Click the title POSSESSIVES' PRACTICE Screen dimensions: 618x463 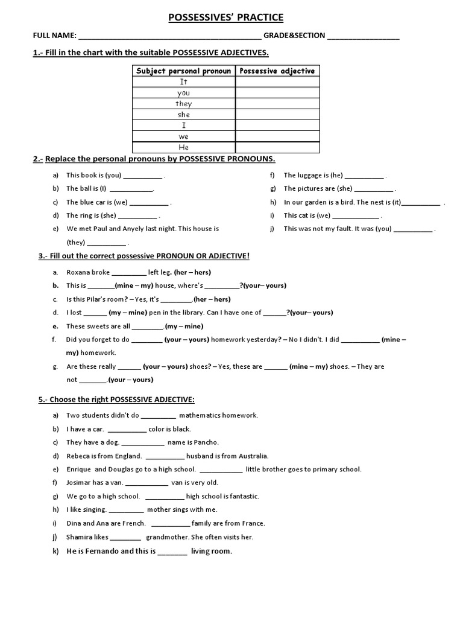coord(225,18)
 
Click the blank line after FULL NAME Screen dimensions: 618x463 coord(170,36)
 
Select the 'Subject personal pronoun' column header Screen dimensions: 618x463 coord(183,71)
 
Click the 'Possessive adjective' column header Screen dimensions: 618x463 coord(277,71)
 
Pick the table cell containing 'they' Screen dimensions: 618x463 coord(183,104)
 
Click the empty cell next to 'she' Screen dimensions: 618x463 coord(277,115)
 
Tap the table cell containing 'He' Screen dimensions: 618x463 coord(183,147)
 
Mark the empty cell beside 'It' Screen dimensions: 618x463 coord(277,81)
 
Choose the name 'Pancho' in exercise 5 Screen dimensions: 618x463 coord(206,442)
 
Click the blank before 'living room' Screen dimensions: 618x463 coord(172,552)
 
